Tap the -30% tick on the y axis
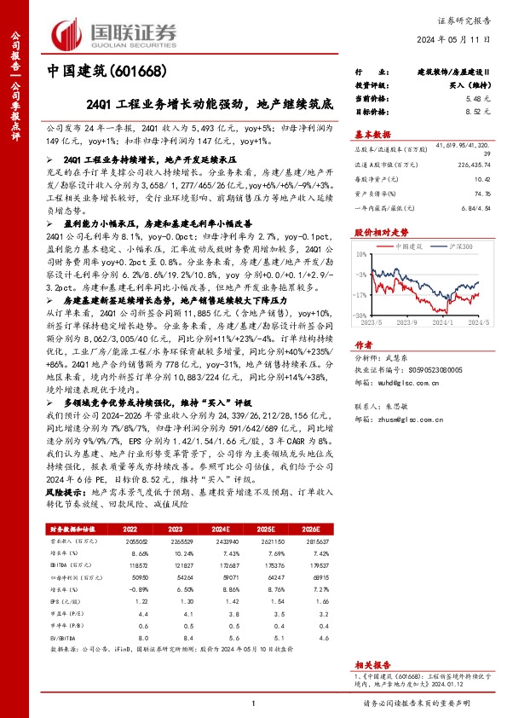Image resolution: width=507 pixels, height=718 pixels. click(x=362, y=315)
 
